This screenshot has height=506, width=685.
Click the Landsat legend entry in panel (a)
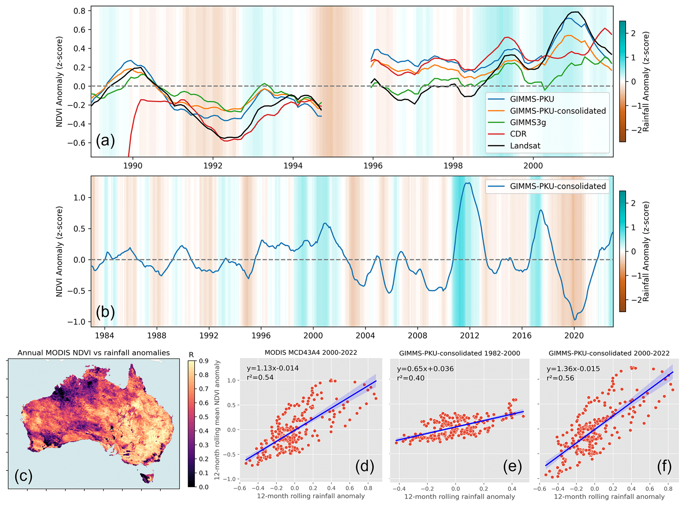[x=525, y=146]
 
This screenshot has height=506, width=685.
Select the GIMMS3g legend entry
[x=528, y=123]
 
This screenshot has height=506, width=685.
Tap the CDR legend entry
[x=518, y=134]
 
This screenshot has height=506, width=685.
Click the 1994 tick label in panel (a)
[x=293, y=165]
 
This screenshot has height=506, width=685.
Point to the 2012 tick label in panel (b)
[x=470, y=336]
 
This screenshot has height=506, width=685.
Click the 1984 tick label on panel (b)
[x=104, y=336]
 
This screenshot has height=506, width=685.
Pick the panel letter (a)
[x=105, y=141]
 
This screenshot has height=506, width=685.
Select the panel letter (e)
[x=512, y=466]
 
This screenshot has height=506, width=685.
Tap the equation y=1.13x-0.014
[x=272, y=368]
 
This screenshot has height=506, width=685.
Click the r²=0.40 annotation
[x=411, y=378]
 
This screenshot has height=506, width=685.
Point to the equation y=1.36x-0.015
[x=573, y=369]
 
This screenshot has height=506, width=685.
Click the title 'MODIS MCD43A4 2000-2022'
[x=311, y=353]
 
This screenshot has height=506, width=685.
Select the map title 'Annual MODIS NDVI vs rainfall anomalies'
[x=93, y=353]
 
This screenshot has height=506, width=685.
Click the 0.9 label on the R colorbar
[x=203, y=361]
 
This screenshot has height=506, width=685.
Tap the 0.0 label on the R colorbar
[x=203, y=487]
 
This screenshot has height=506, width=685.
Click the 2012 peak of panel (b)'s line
[x=468, y=183]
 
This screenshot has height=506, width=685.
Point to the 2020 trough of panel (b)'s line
[x=575, y=319]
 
